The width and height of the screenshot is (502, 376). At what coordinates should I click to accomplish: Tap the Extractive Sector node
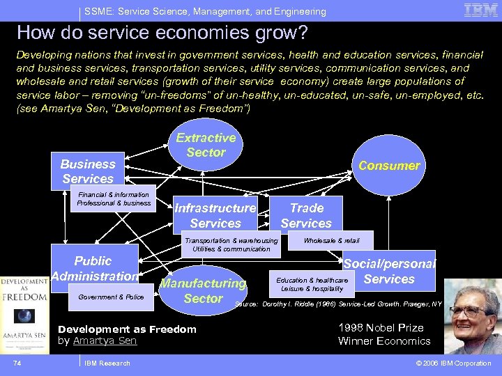tap(206, 145)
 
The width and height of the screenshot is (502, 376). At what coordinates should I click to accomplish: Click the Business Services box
tap(88, 171)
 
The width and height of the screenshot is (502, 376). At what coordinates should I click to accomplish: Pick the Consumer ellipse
tap(389, 166)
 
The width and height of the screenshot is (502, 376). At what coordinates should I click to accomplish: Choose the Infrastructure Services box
tap(215, 215)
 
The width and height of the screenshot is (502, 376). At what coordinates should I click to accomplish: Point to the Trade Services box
tap(307, 215)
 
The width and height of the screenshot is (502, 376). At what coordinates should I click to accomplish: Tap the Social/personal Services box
tap(389, 272)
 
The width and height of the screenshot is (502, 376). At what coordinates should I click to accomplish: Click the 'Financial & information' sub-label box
tap(114, 199)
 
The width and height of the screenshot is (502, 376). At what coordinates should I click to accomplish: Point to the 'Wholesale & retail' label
tap(332, 240)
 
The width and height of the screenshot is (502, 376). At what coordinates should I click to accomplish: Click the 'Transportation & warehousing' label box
tap(231, 244)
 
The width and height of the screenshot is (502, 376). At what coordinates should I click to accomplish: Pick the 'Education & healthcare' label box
tap(312, 283)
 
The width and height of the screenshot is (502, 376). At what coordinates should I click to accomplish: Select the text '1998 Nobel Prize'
tap(381, 328)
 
